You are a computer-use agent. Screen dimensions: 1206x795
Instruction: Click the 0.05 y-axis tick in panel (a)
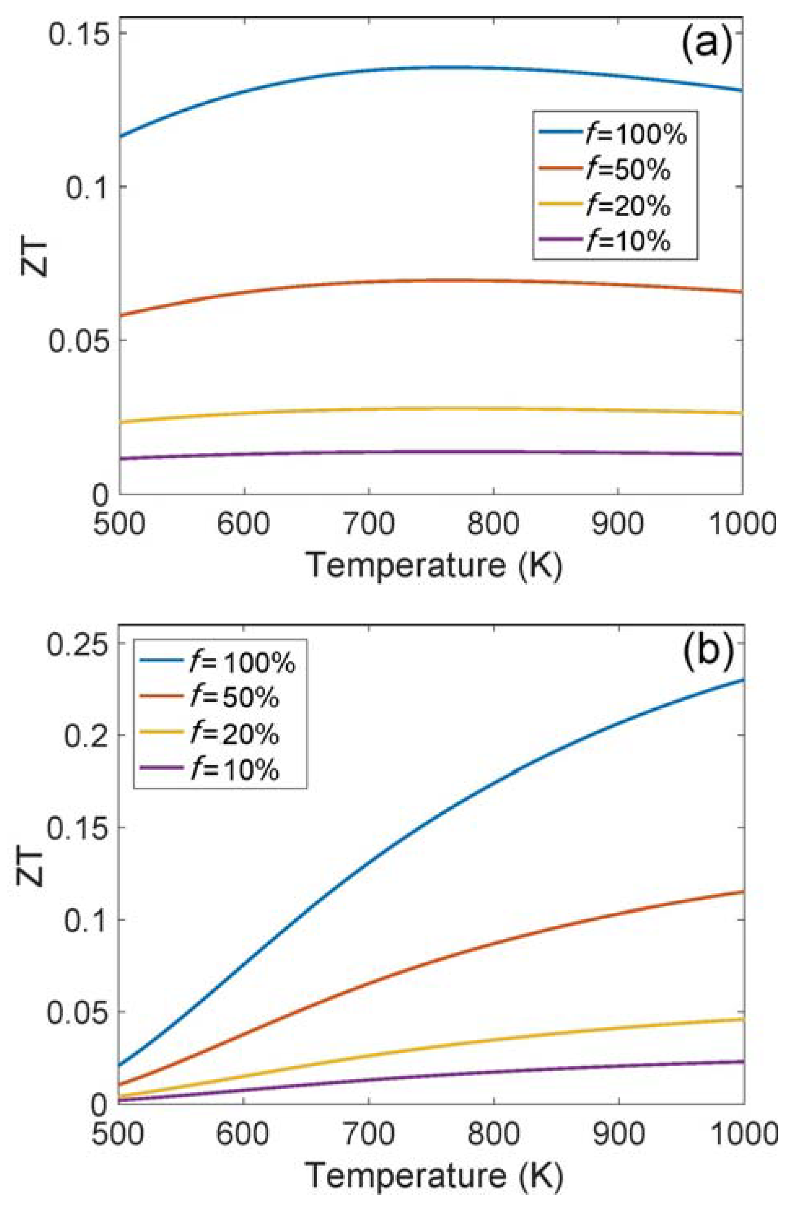click(x=79, y=341)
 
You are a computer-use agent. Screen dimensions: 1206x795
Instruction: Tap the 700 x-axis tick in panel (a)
click(x=369, y=523)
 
